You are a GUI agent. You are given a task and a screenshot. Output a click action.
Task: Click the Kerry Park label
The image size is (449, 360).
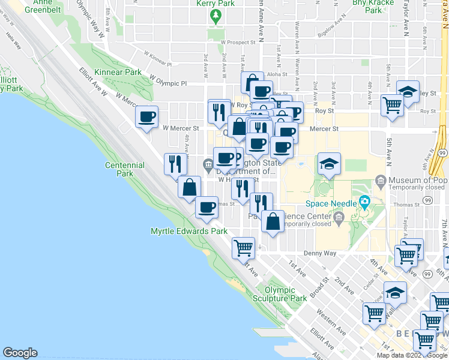pyautogui.click(x=215, y=4)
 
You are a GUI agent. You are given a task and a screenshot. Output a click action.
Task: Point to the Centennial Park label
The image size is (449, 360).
pyautogui.click(x=124, y=169)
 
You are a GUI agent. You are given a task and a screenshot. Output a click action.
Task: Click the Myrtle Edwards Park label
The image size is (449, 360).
pyautogui.click(x=188, y=231)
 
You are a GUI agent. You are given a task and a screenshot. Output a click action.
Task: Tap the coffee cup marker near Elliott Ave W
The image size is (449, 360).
pyautogui.click(x=146, y=116)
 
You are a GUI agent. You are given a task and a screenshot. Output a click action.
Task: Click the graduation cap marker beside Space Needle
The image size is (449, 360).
pyautogui.click(x=329, y=164)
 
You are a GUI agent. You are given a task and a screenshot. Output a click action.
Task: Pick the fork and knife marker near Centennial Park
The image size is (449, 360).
pyautogui.click(x=174, y=163)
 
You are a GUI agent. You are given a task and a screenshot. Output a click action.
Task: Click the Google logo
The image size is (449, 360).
pyautogui.click(x=20, y=353)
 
